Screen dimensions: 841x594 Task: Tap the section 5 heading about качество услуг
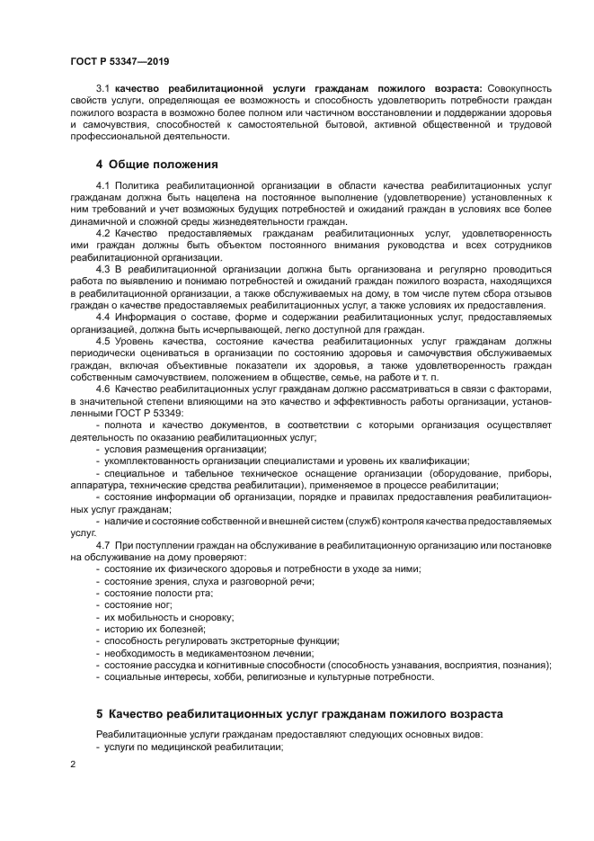pyautogui.click(x=298, y=713)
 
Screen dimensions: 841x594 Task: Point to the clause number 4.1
pyautogui.click(x=102, y=185)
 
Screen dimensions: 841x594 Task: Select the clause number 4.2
pyautogui.click(x=102, y=233)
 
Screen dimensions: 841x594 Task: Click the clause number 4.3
pyautogui.click(x=102, y=269)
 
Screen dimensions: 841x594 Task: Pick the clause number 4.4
pyautogui.click(x=102, y=317)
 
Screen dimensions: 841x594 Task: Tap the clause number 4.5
pyautogui.click(x=102, y=341)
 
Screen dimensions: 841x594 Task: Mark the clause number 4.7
pyautogui.click(x=102, y=545)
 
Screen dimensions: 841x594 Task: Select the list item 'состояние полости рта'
pyautogui.click(x=158, y=593)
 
